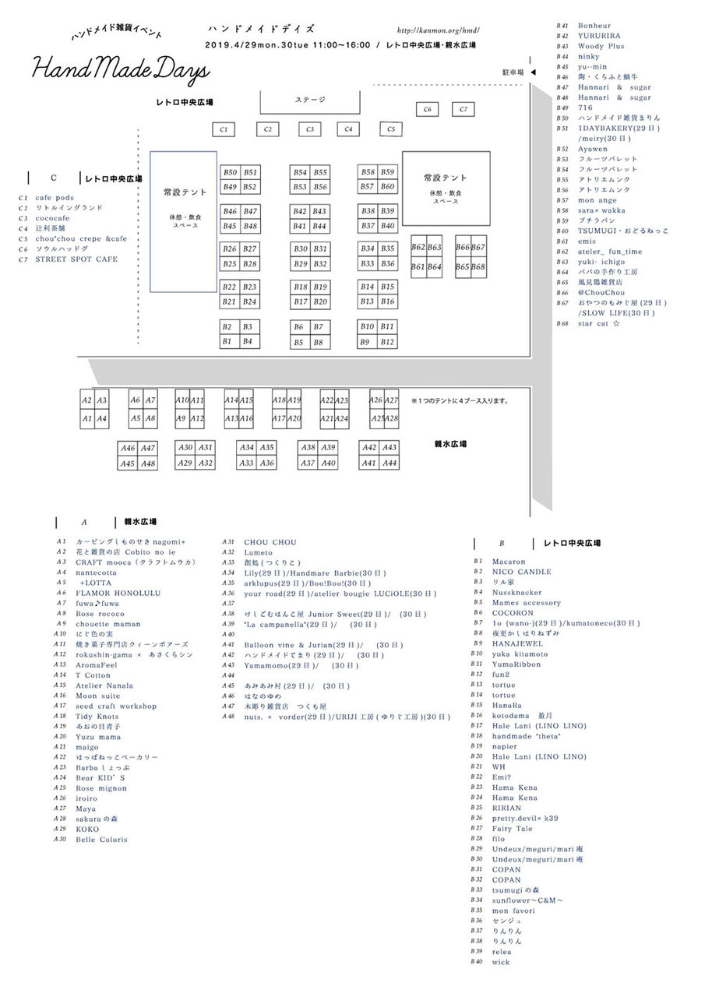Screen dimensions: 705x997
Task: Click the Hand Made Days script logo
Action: pyautogui.click(x=121, y=71)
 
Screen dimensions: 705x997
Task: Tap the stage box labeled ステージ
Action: pyautogui.click(x=310, y=100)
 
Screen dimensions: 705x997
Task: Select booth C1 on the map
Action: pyautogui.click(x=224, y=129)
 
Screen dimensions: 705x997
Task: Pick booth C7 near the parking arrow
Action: pyautogui.click(x=464, y=110)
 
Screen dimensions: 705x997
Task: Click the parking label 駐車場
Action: pyautogui.click(x=512, y=72)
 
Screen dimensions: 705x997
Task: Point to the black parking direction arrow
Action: pyautogui.click(x=534, y=72)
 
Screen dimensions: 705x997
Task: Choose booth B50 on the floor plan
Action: pyautogui.click(x=230, y=172)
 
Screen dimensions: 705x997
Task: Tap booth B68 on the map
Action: pyautogui.click(x=478, y=266)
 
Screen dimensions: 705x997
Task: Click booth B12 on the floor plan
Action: pyautogui.click(x=387, y=342)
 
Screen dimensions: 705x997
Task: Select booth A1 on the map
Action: pyautogui.click(x=87, y=419)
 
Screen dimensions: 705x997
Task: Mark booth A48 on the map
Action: pyautogui.click(x=148, y=464)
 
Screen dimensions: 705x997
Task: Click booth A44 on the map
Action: pyautogui.click(x=390, y=463)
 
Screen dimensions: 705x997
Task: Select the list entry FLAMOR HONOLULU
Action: pyautogui.click(x=118, y=593)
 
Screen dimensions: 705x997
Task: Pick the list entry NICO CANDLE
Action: pyautogui.click(x=521, y=572)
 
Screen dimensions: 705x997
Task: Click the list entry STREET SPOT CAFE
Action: pyautogui.click(x=76, y=259)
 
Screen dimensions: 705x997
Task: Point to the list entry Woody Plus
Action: pyautogui.click(x=601, y=47)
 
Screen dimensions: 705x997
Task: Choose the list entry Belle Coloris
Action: pyautogui.click(x=101, y=840)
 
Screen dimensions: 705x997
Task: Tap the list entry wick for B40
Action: pyautogui.click(x=500, y=962)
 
